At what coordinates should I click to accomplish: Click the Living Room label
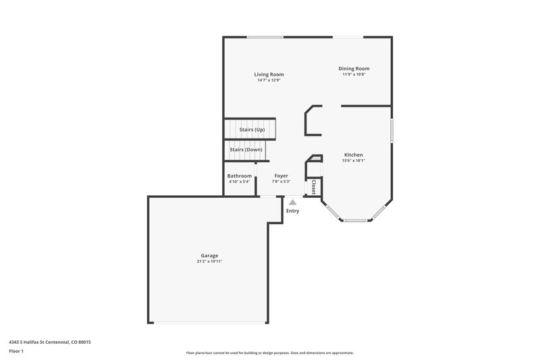tap(269, 74)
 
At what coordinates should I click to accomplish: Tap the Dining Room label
tap(354, 68)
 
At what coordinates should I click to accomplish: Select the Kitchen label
tap(354, 155)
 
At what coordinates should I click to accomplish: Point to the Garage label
tap(209, 255)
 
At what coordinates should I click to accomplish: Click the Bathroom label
tap(240, 176)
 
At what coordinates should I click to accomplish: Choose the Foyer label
tap(281, 176)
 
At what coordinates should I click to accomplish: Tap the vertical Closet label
tap(314, 186)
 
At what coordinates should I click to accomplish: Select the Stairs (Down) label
tap(246, 149)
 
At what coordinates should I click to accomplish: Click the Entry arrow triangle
tap(292, 202)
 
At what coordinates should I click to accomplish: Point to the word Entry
tap(292, 211)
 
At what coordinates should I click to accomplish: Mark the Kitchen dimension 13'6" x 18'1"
tap(353, 161)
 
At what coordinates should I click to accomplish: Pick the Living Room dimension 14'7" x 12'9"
tap(269, 80)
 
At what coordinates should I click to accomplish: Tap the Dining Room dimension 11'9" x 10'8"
tap(354, 74)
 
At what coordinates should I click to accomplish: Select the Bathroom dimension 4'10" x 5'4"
tap(240, 182)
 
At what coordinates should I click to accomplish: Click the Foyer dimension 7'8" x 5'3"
tap(281, 182)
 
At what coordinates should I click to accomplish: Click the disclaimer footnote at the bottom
tap(270, 353)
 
